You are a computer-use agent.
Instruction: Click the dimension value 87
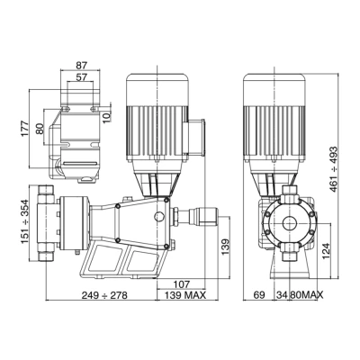tap(81, 65)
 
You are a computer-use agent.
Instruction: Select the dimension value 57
tap(81, 77)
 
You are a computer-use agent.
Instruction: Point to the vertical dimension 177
tap(25, 129)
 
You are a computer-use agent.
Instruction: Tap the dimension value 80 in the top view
tap(40, 129)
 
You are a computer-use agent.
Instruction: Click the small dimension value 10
tap(107, 116)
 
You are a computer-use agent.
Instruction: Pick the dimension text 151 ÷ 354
tap(25, 221)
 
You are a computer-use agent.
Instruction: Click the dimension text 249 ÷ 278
tap(104, 295)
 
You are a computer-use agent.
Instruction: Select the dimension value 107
tap(182, 284)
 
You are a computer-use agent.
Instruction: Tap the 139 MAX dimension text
tap(185, 295)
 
